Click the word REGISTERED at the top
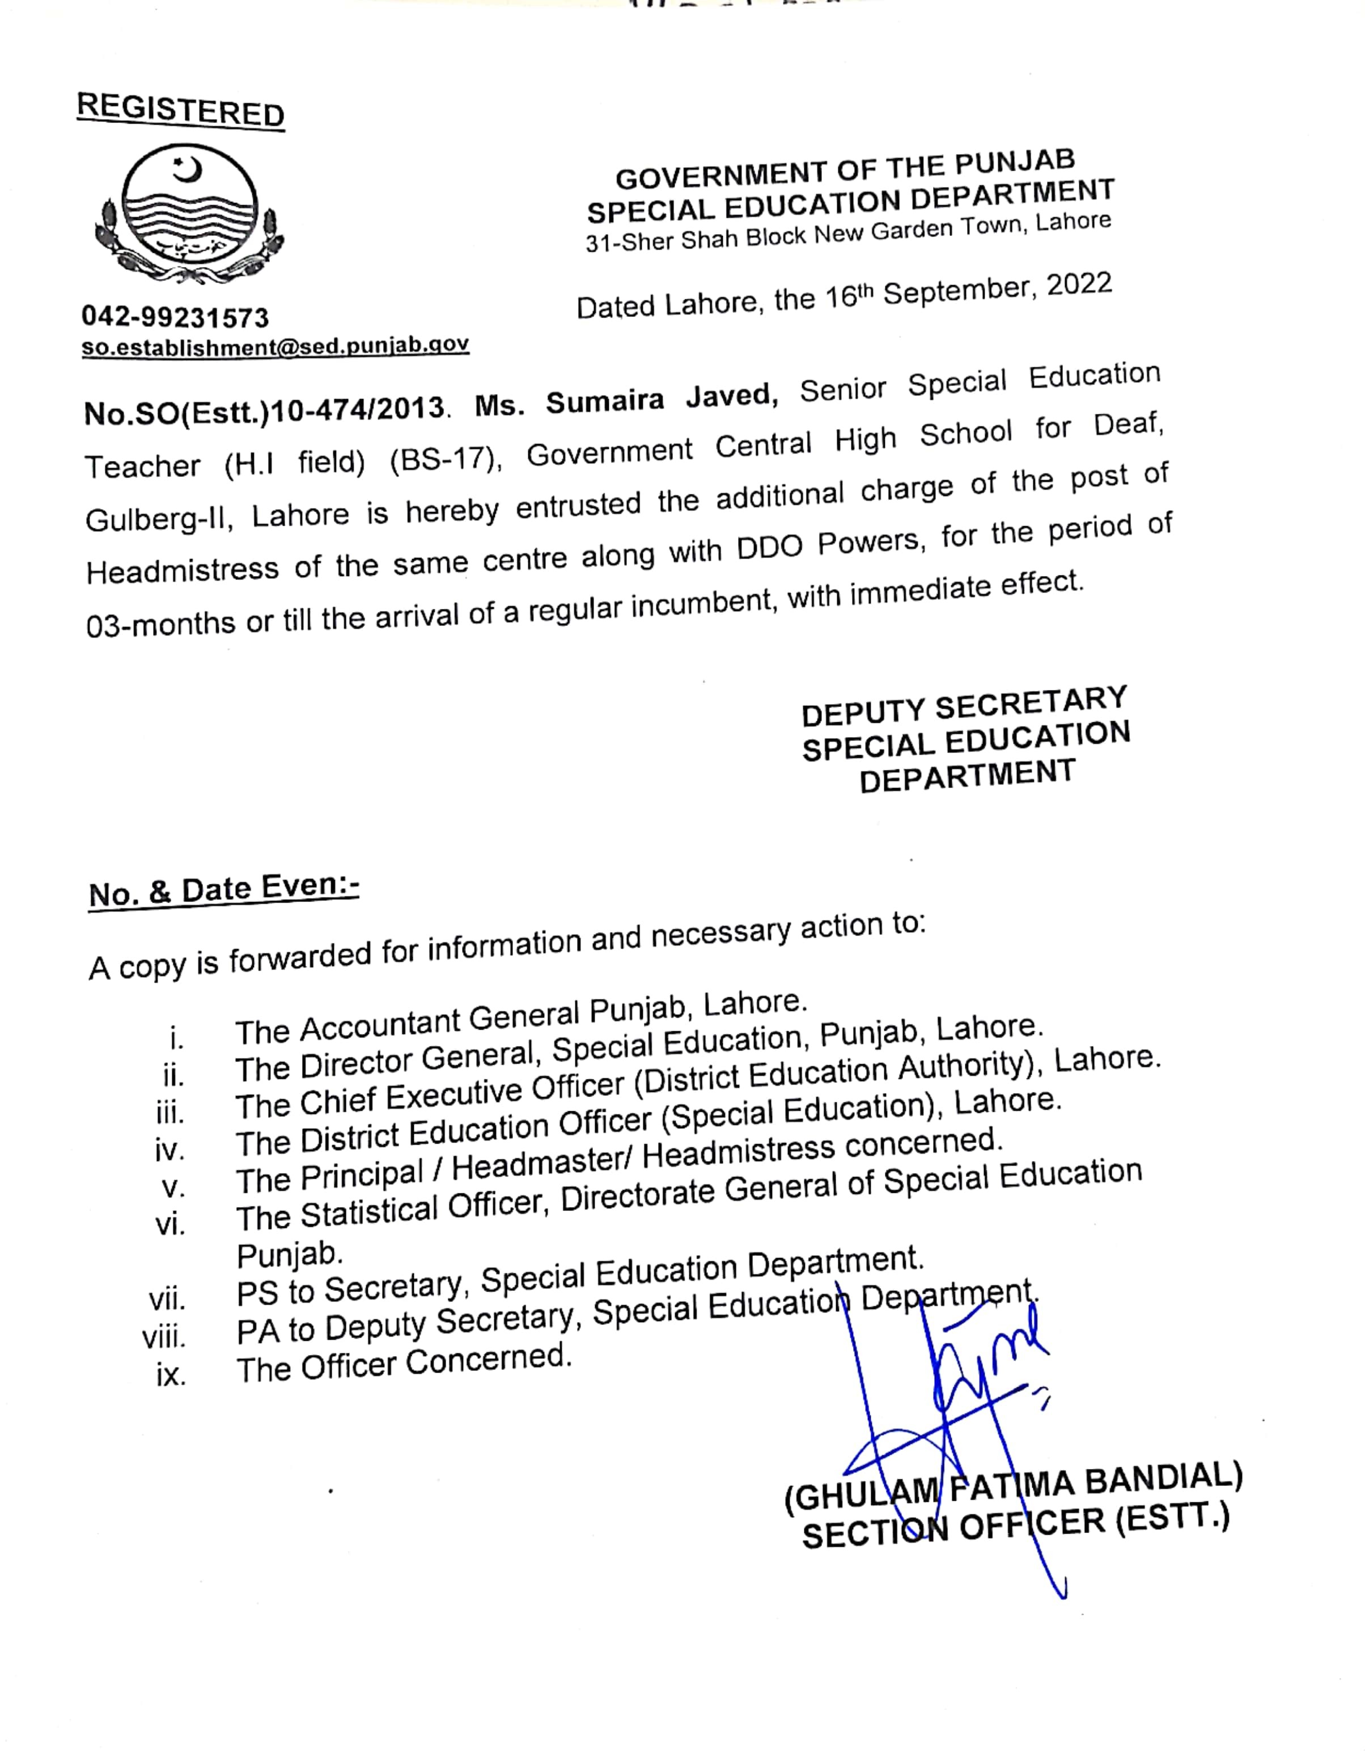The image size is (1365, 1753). coord(181,110)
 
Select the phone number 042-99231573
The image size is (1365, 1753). coord(175,317)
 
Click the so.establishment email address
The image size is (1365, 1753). coord(275,346)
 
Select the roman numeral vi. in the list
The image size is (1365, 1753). coord(170,1224)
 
